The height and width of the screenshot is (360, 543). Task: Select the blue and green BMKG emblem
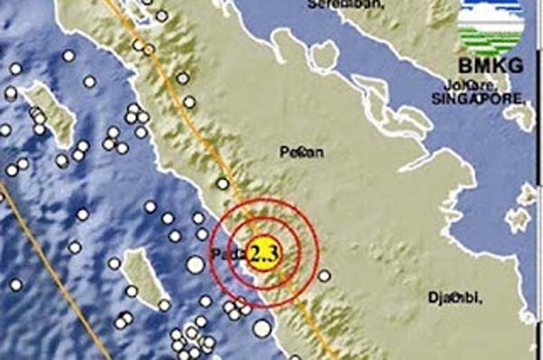click(491, 28)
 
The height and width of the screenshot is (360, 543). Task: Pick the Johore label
click(462, 83)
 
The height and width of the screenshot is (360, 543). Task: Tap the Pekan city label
click(299, 152)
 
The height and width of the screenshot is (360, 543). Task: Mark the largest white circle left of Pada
click(195, 264)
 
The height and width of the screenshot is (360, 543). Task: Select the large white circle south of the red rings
click(262, 328)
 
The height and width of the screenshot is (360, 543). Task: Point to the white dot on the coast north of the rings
click(221, 185)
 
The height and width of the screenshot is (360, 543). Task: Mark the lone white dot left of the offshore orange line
click(15, 284)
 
